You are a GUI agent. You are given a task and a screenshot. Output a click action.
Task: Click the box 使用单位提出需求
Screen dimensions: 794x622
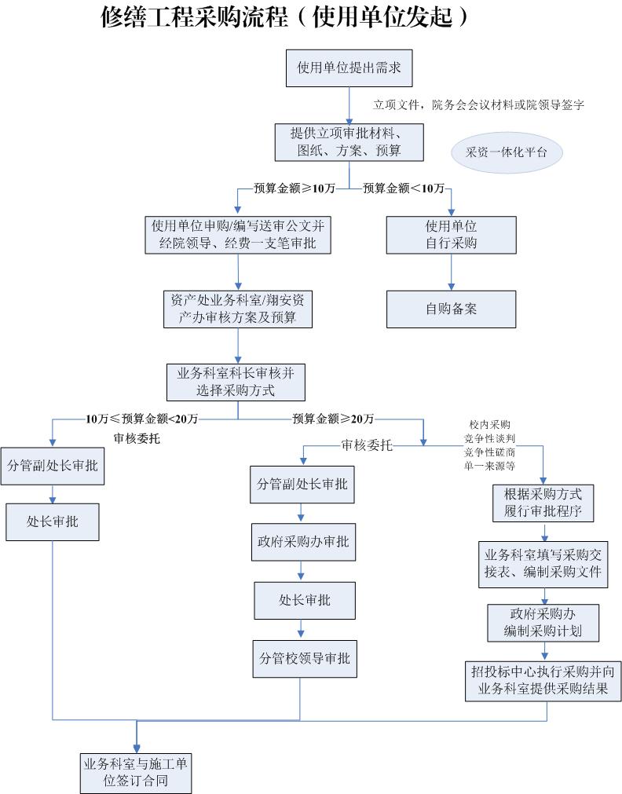point(349,68)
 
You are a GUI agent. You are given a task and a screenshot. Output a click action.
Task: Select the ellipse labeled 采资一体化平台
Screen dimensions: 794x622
point(507,152)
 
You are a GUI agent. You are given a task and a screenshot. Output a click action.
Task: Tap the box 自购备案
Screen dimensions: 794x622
point(451,309)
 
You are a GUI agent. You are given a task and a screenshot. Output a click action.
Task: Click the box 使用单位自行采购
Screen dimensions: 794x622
point(451,235)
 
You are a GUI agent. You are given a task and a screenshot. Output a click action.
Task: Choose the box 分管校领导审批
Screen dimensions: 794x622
point(304,658)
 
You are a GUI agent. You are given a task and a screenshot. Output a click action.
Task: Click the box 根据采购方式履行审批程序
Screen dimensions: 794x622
point(543,504)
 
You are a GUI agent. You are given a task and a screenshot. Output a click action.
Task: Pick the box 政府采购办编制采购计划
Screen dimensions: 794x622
point(543,622)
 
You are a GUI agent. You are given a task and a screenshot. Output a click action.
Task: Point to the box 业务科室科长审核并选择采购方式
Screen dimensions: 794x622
point(236,382)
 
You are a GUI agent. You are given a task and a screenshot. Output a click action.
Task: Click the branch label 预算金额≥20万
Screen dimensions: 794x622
point(333,418)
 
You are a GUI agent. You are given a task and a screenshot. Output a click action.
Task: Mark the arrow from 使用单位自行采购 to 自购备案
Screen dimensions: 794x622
point(451,272)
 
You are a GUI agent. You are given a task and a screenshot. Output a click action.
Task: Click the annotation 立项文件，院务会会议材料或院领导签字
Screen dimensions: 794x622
point(478,104)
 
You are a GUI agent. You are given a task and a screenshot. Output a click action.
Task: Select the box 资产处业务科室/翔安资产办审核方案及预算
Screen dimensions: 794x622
point(238,309)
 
